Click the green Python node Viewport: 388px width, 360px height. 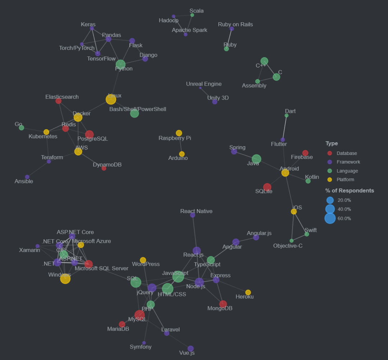click(x=121, y=65)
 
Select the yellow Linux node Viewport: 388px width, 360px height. click(x=111, y=100)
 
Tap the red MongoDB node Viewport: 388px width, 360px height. click(x=223, y=304)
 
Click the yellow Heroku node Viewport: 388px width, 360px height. click(x=248, y=292)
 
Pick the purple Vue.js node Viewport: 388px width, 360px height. click(x=191, y=349)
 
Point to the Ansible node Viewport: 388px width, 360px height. click(x=27, y=177)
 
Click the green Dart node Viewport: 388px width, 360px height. click(x=286, y=115)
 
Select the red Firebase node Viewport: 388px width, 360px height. click(x=305, y=153)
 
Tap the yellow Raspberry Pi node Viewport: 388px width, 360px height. click(x=179, y=133)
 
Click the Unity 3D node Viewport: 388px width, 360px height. click(x=215, y=102)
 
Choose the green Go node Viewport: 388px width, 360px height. click(x=22, y=128)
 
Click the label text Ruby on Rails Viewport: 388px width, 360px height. click(x=235, y=24)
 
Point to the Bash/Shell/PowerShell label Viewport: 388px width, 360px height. click(x=138, y=109)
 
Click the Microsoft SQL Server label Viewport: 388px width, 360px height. click(x=101, y=268)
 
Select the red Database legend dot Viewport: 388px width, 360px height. click(x=330, y=153)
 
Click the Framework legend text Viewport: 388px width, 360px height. click(x=348, y=162)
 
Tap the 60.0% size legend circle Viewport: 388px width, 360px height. click(x=330, y=218)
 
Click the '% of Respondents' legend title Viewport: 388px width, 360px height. click(x=350, y=190)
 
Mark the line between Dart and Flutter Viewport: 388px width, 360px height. click(x=285, y=128)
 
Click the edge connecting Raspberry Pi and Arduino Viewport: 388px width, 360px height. click(x=180, y=144)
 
